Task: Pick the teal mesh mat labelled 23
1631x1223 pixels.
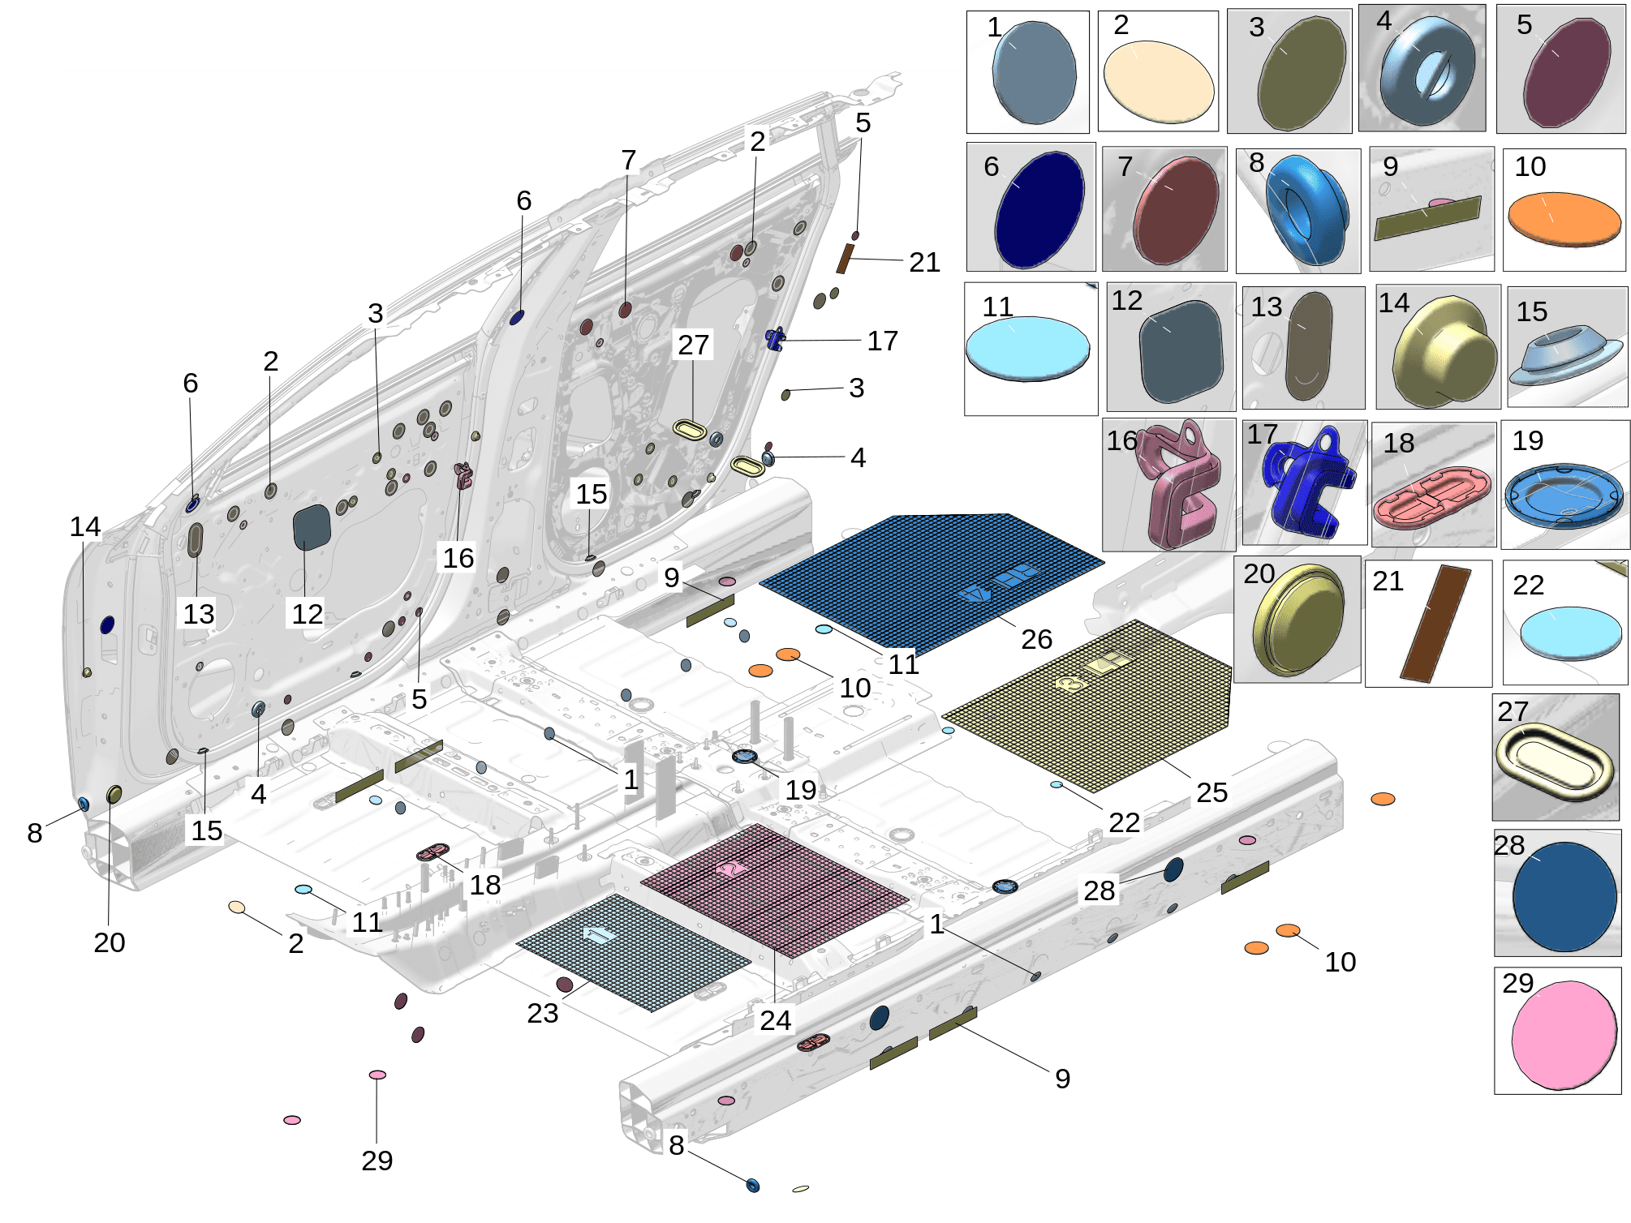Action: tap(633, 953)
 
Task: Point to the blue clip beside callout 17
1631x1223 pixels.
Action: tap(775, 338)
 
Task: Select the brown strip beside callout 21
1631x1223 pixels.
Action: tap(846, 259)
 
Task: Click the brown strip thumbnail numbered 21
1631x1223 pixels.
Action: tap(1435, 623)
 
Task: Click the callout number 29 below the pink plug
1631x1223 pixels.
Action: tap(377, 1161)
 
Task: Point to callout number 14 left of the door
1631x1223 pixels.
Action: tap(85, 527)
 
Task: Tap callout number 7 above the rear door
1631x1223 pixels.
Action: tap(629, 161)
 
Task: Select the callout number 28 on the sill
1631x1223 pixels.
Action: tap(1100, 890)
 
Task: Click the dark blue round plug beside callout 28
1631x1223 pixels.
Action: tap(1173, 870)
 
